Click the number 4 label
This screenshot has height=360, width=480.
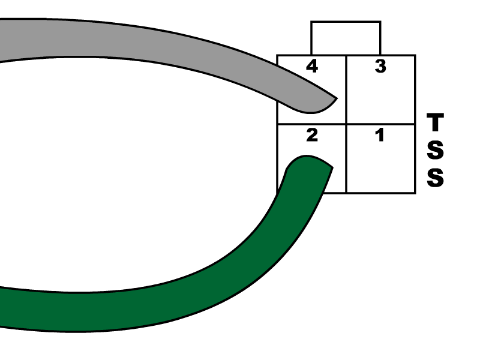tap(312, 66)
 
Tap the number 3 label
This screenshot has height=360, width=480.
tap(380, 66)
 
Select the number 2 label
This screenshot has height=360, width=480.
tap(312, 135)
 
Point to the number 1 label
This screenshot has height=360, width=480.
tap(380, 135)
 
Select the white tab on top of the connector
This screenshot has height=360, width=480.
tap(346, 38)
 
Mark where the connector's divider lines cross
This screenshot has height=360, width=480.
tap(346, 124)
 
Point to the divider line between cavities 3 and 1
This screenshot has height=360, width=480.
tap(380, 124)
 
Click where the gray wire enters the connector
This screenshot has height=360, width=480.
tap(280, 93)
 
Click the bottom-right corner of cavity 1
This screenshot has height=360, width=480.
tap(413, 191)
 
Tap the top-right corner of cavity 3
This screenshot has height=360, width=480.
tap(413, 57)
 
